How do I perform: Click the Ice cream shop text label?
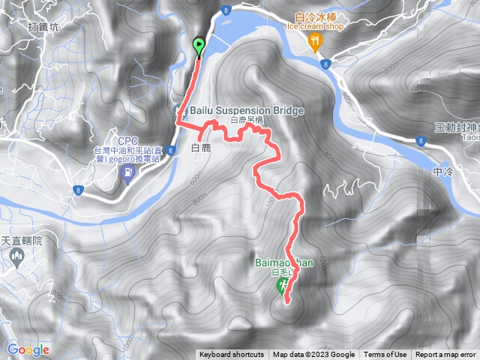(316, 26)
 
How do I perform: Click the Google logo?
(28, 349)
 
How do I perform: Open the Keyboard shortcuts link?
(232, 355)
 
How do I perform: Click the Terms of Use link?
(385, 355)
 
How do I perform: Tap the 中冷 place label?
(443, 171)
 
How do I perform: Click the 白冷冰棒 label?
(316, 16)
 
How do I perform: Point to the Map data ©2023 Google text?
(313, 355)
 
